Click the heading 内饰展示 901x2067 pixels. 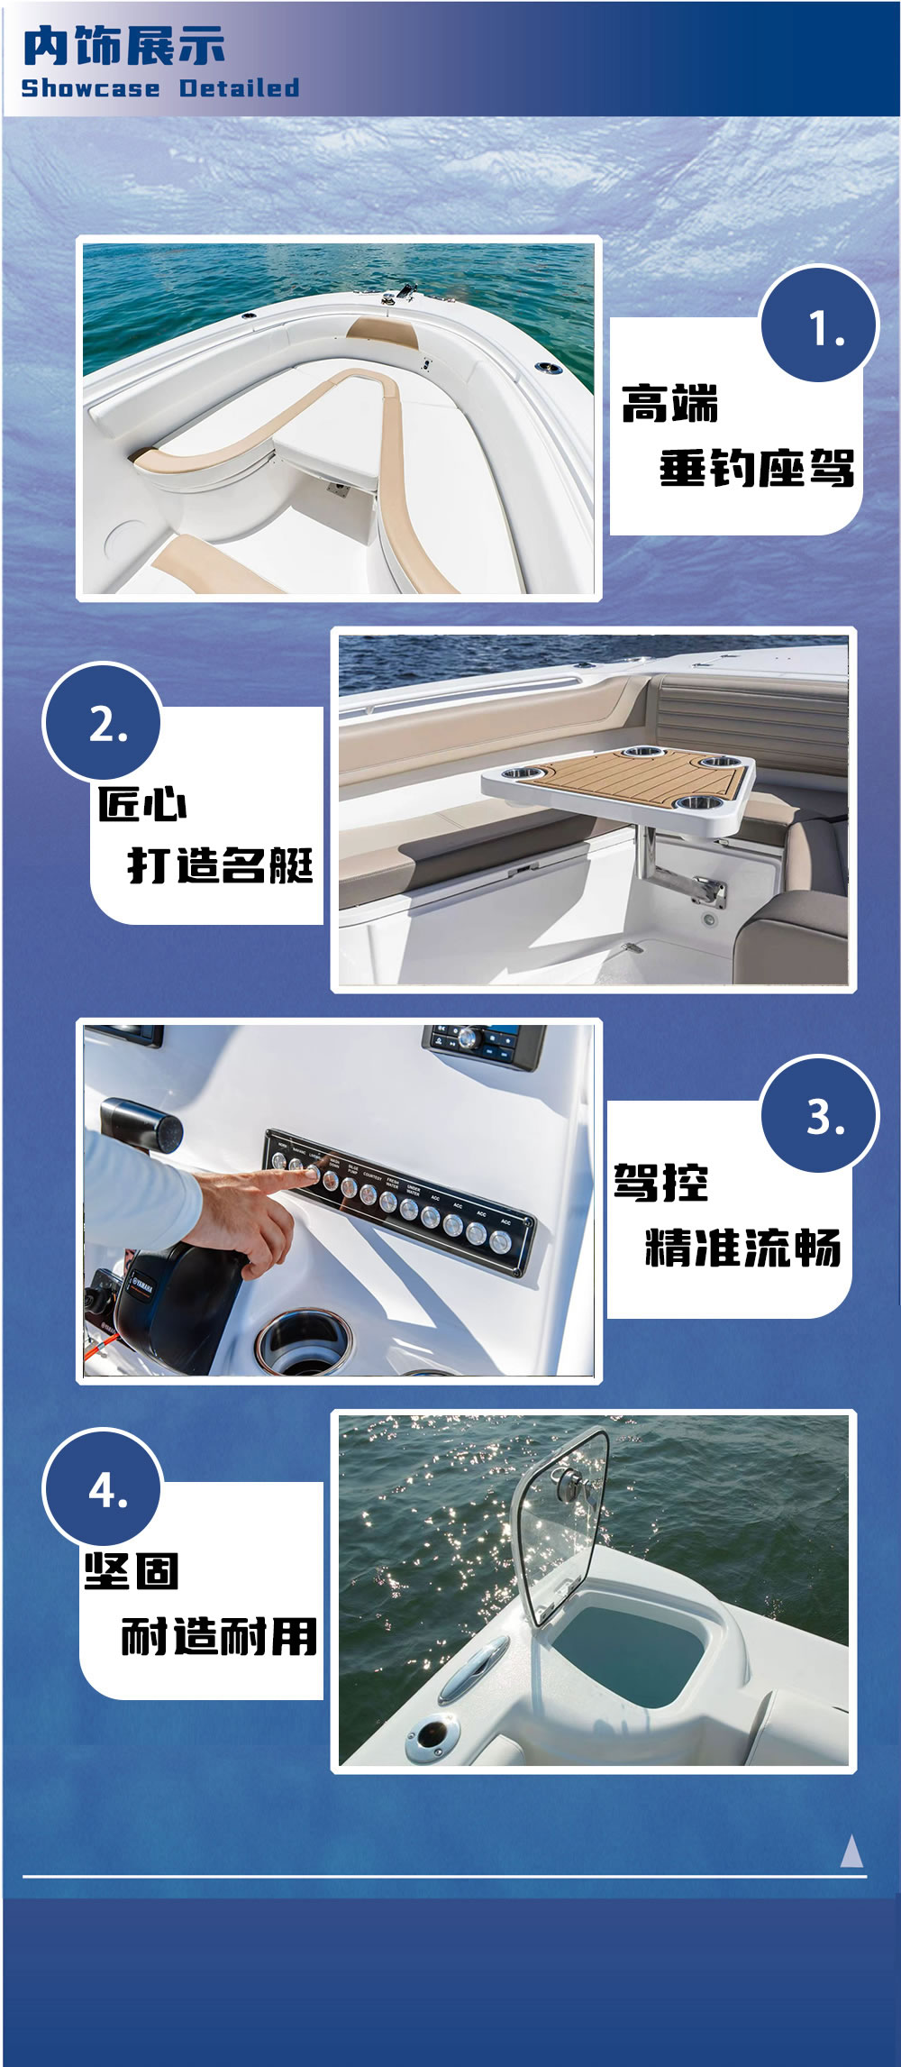click(x=124, y=46)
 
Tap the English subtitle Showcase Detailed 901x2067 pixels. click(x=160, y=88)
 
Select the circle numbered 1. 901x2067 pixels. click(x=819, y=325)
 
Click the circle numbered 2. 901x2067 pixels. click(x=102, y=722)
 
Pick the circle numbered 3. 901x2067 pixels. click(x=819, y=1116)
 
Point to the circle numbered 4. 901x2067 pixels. click(x=102, y=1490)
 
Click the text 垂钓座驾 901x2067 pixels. click(x=756, y=469)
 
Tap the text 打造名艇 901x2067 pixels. click(x=221, y=865)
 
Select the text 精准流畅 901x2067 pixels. click(x=742, y=1248)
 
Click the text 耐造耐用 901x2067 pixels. click(x=219, y=1636)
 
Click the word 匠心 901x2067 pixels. click(x=142, y=803)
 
